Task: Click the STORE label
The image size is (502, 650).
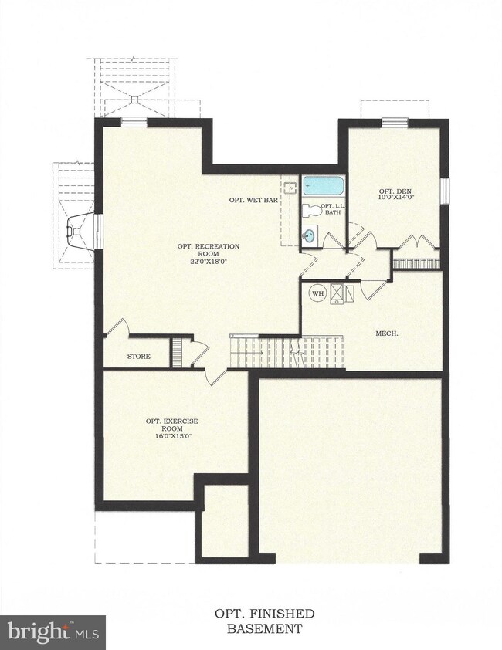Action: point(138,357)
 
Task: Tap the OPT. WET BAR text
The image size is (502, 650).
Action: point(253,200)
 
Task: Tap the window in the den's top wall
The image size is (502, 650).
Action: point(395,121)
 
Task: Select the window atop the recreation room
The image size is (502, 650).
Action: point(134,121)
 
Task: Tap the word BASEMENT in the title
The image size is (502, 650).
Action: point(264,628)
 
